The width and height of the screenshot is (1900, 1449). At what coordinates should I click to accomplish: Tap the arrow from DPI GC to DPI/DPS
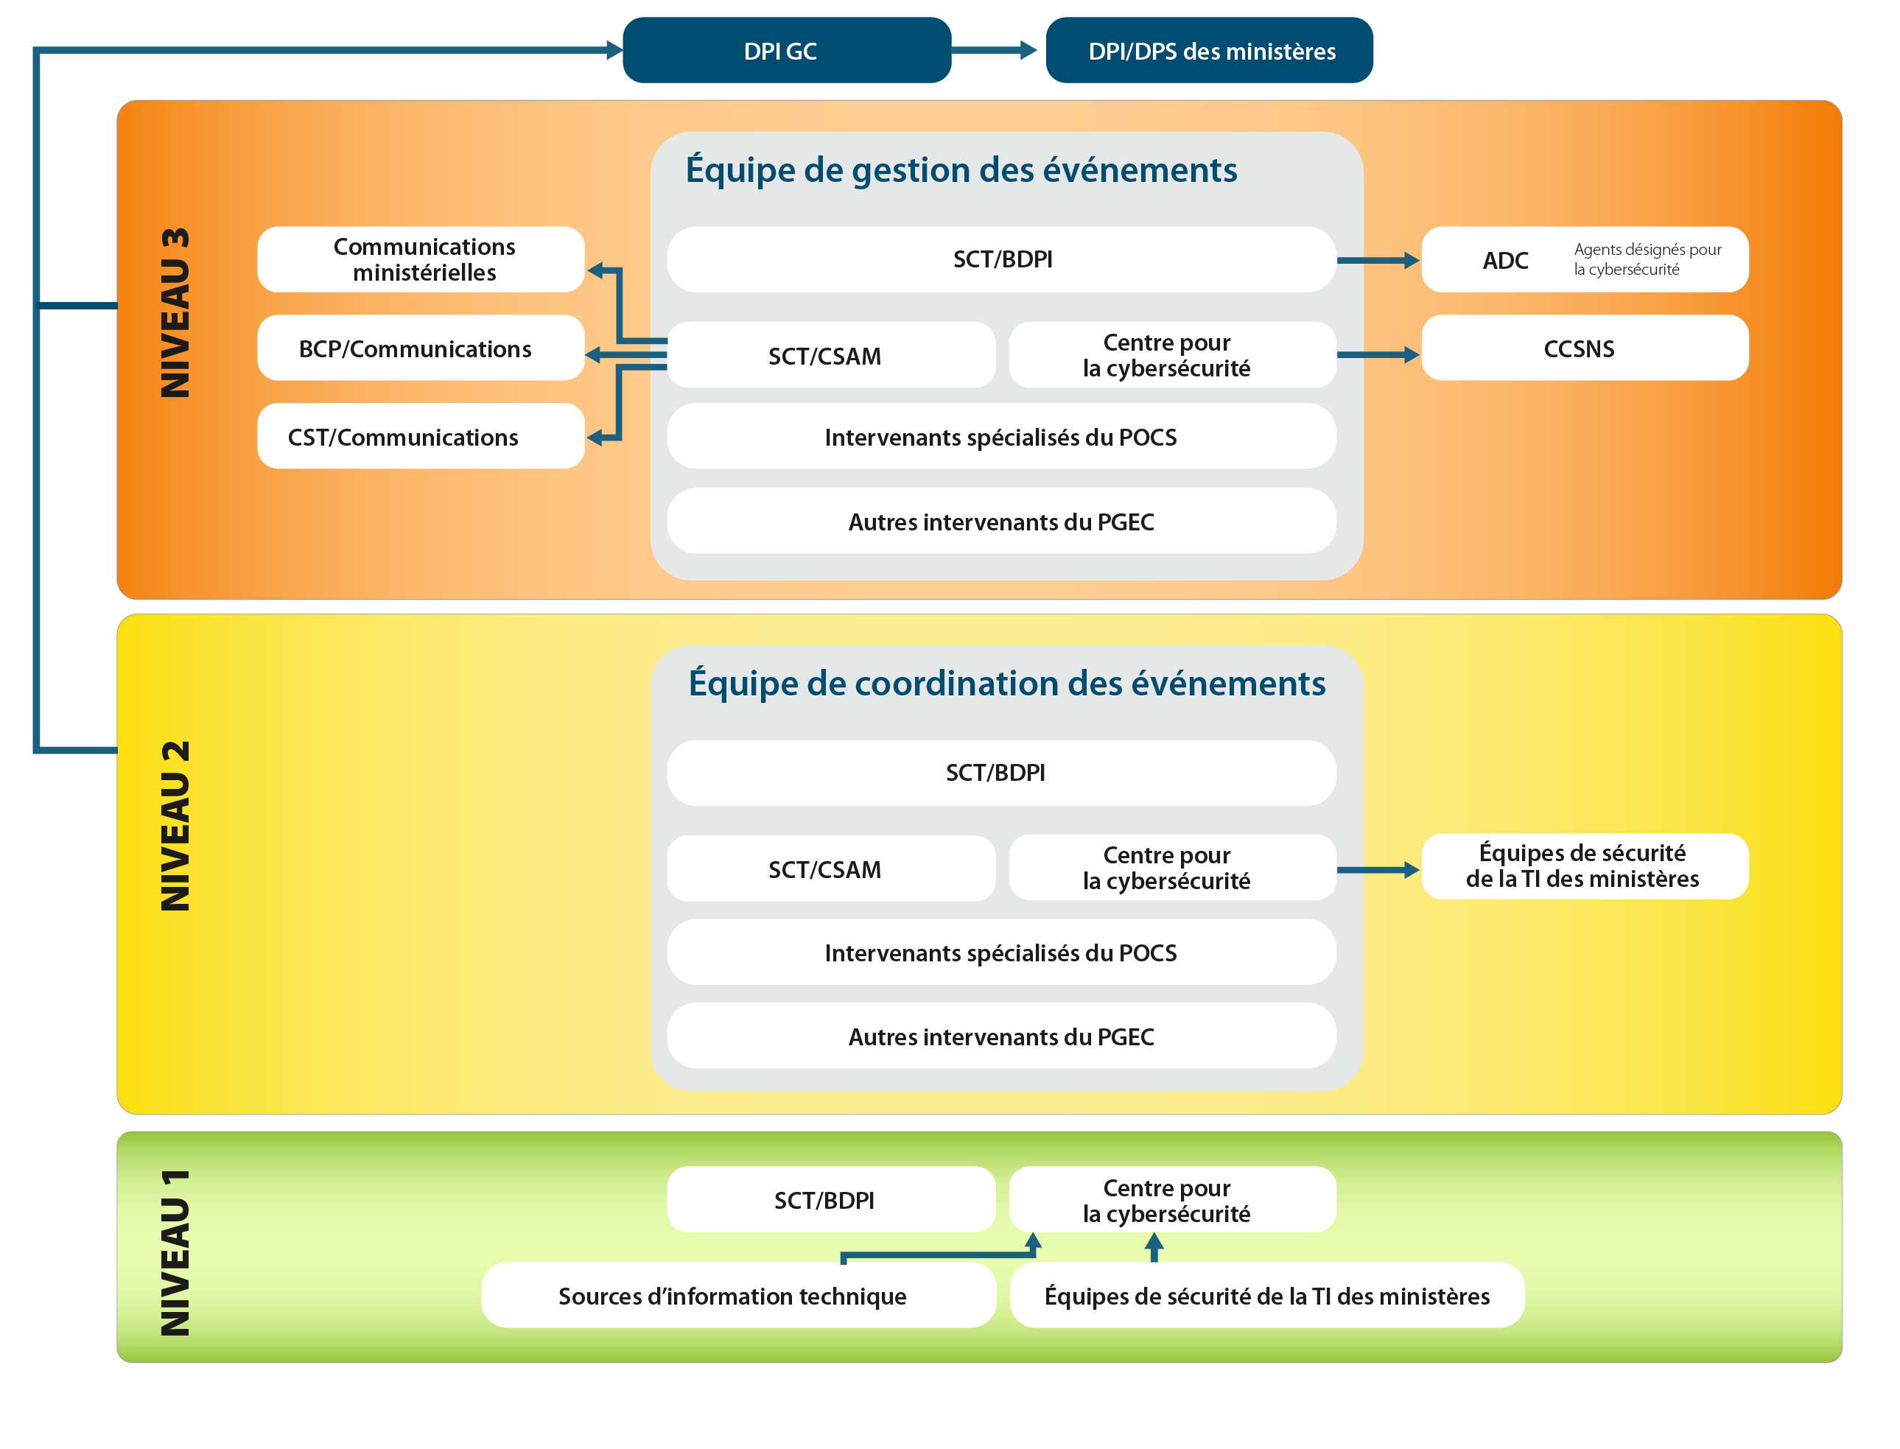tap(997, 50)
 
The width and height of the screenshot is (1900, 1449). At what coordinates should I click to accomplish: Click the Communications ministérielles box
tap(421, 259)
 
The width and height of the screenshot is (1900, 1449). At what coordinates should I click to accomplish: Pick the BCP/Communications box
tap(421, 348)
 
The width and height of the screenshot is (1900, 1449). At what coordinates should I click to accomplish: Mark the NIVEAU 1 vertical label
tap(175, 1252)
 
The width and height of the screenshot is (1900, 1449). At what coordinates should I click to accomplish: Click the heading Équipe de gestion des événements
tap(961, 170)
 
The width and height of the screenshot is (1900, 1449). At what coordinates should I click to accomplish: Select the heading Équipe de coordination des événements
tap(1006, 683)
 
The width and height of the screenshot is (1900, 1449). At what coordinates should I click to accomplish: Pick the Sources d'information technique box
tap(737, 1296)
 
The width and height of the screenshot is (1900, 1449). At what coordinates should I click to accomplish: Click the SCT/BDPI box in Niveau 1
tap(830, 1200)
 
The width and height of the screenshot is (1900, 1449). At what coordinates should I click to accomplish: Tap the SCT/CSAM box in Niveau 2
tap(830, 869)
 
